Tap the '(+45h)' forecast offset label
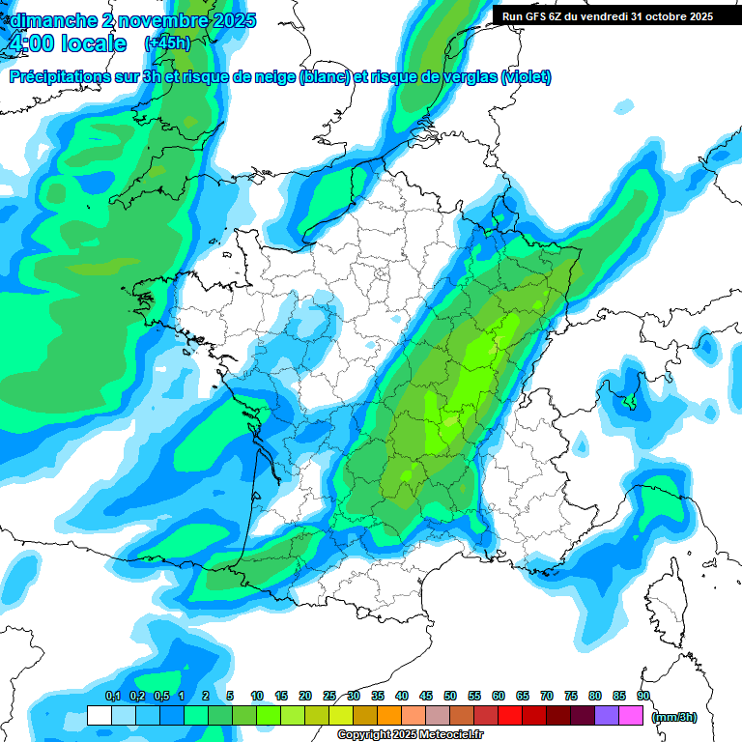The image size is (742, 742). [167, 43]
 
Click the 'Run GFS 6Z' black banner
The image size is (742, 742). [607, 16]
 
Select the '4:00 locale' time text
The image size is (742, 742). [66, 43]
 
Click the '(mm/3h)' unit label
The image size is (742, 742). [674, 716]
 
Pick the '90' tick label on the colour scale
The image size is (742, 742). [643, 696]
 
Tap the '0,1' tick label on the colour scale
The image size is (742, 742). [112, 696]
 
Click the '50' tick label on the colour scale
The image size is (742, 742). [450, 696]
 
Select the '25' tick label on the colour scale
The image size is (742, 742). [329, 696]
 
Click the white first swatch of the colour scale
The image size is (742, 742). [100, 715]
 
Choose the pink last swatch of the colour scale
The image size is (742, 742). [631, 715]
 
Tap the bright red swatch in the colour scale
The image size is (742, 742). [510, 715]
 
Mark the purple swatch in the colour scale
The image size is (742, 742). [607, 715]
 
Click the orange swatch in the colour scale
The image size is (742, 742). [389, 715]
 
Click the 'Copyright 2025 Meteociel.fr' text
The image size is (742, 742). [410, 735]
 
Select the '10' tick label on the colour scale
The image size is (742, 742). [257, 696]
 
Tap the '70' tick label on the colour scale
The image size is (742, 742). [547, 696]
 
